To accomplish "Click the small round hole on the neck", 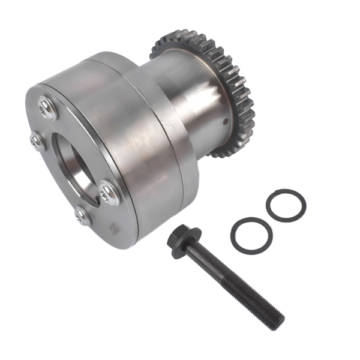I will (225, 120).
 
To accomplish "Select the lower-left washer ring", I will (250, 236).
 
